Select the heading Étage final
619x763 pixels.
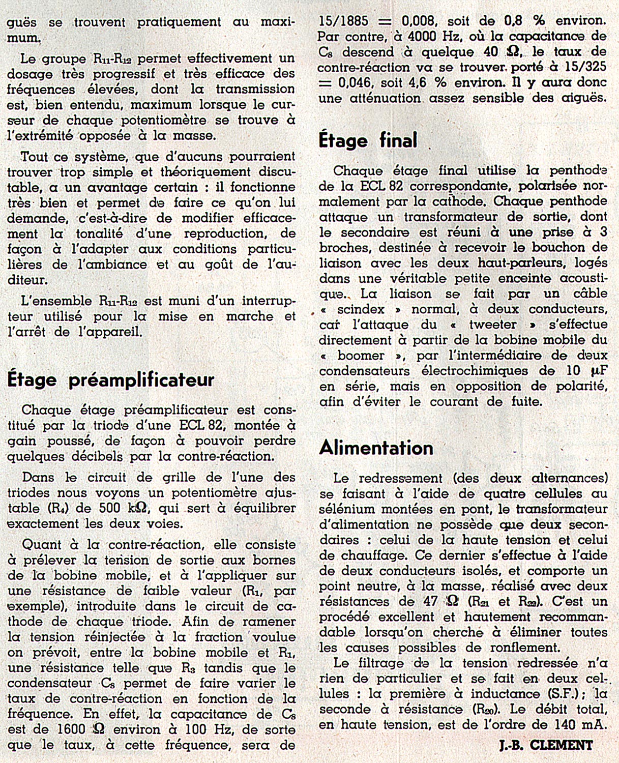click(368, 140)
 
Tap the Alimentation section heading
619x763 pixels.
click(376, 448)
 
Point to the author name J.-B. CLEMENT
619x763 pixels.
click(546, 746)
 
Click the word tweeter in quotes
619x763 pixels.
click(492, 325)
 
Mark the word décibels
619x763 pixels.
click(96, 456)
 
